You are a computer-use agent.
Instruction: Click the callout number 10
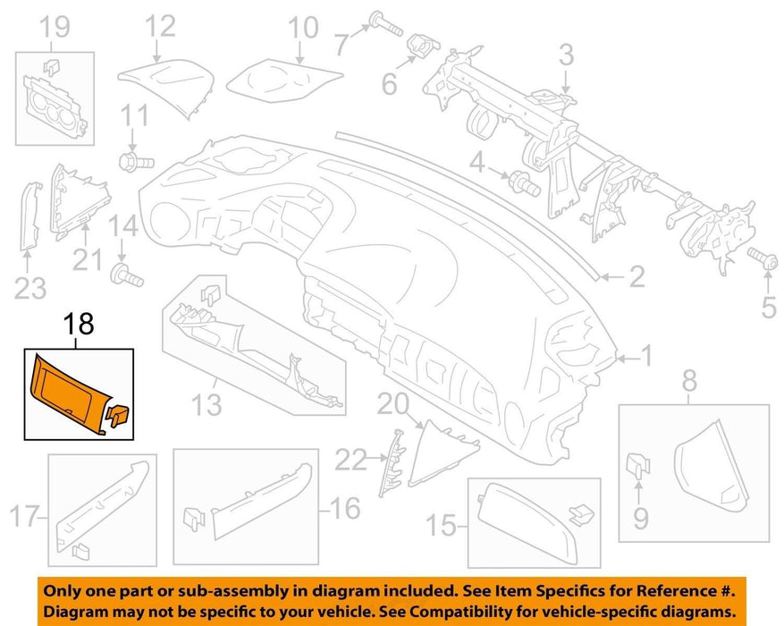tap(302, 27)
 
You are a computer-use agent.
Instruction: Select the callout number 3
tap(566, 55)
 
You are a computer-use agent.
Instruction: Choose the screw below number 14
tap(126, 275)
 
